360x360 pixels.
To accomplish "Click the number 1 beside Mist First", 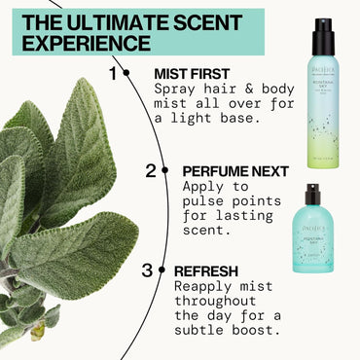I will click(114, 73).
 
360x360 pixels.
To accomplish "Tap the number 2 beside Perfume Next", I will click(151, 171).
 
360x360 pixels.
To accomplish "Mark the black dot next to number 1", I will click(127, 73).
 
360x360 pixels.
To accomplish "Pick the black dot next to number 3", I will click(162, 271).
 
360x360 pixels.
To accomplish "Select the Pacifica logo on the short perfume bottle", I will click(311, 222).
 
